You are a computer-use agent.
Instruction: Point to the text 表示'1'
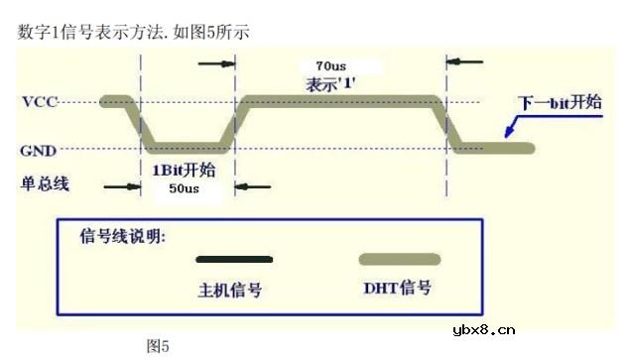(332, 84)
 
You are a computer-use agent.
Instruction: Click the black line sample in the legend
(234, 260)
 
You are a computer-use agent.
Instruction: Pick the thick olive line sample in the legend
(397, 260)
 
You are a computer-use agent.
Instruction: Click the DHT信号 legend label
(397, 289)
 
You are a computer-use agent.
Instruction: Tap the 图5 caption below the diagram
(158, 345)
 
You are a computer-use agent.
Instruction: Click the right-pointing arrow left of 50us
(121, 185)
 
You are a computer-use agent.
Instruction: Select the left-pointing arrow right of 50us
(253, 185)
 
